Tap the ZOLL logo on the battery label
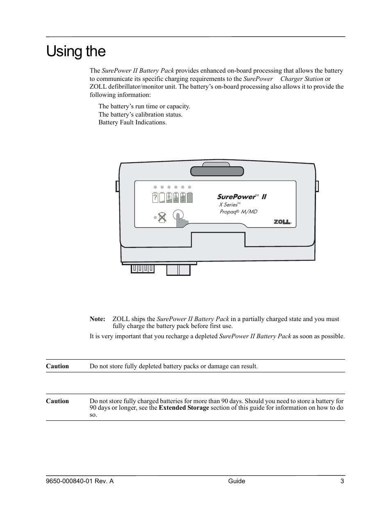[282, 222]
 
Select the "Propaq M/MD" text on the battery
[238, 212]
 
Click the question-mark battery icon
[155, 197]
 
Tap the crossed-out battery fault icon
[162, 218]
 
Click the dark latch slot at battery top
[217, 171]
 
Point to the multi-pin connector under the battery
[143, 268]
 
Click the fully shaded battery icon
[190, 197]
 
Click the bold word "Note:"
[98, 319]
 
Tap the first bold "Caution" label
[57, 366]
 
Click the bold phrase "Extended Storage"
[184, 408]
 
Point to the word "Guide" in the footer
[236, 481]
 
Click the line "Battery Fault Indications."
[132, 122]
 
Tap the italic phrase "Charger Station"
[302, 79]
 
